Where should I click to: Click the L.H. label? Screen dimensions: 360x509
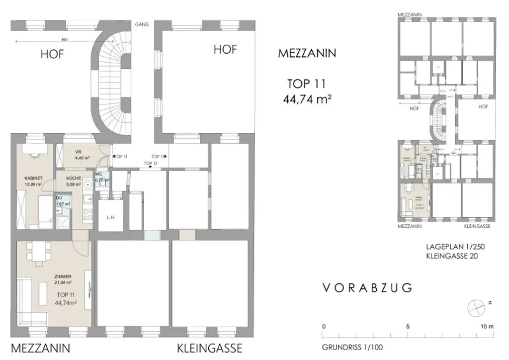click(x=110, y=217)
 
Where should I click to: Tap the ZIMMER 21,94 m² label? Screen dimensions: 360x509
click(x=64, y=279)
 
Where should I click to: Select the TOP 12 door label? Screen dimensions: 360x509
click(x=150, y=163)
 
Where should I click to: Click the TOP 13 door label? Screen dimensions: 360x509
click(x=159, y=156)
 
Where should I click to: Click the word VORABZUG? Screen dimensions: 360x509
click(x=367, y=288)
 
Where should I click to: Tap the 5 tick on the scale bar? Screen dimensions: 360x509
click(x=408, y=327)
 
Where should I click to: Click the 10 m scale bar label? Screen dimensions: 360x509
click(x=486, y=327)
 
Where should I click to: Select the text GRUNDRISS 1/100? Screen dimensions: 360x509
click(x=352, y=347)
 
